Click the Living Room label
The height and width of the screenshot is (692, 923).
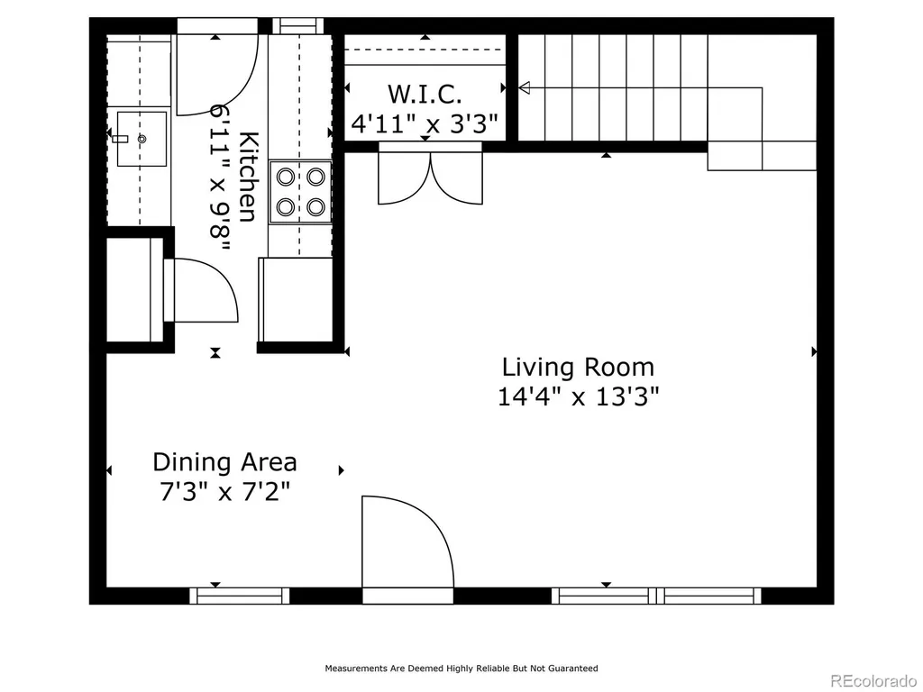578,368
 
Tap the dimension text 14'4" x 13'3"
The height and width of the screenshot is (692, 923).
578,396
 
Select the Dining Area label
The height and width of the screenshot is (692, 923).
224,462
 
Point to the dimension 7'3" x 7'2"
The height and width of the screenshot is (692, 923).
224,491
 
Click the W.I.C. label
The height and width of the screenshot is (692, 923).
425,94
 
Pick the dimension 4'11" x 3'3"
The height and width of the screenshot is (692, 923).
425,123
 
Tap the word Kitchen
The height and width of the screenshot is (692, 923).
248,177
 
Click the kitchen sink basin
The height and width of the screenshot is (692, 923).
142,139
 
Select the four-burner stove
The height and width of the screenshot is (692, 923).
301,192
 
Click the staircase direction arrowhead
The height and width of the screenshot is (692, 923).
524,87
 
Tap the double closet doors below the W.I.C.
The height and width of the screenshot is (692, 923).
430,174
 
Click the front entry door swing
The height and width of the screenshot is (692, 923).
407,542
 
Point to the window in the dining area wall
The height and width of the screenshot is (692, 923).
240,596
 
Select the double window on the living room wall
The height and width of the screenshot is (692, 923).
656,596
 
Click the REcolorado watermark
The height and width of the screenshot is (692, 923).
873,681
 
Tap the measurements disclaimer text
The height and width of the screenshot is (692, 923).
461,668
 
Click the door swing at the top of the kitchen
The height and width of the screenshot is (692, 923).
217,74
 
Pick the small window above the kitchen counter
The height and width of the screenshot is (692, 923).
298,26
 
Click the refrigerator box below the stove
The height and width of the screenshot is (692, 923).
295,299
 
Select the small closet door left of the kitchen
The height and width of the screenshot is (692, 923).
201,289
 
